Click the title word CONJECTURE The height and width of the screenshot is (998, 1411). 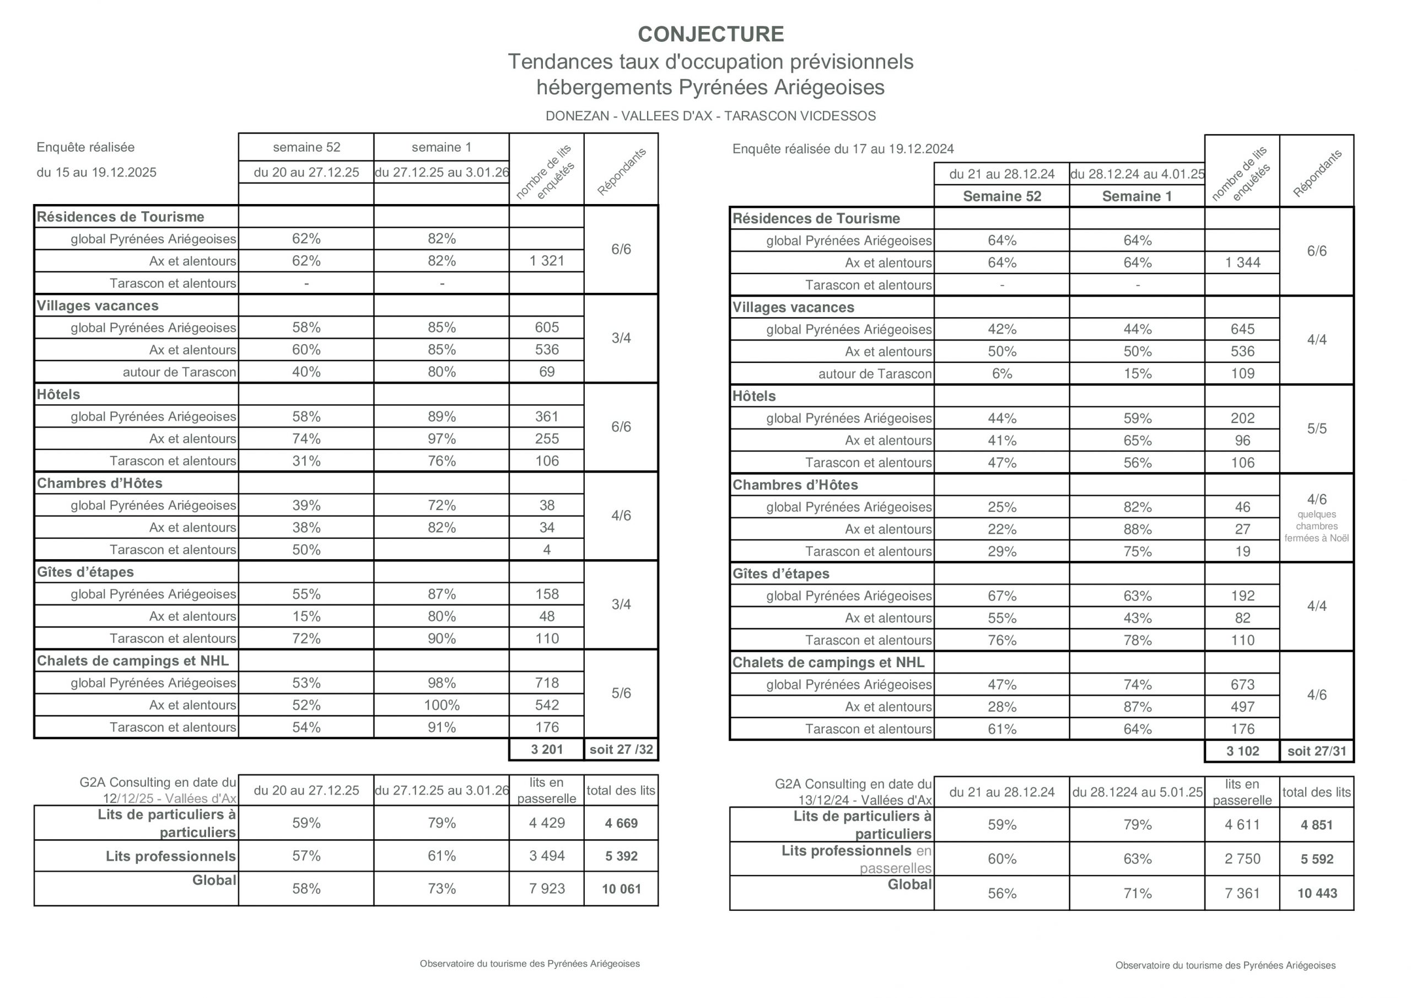[710, 34]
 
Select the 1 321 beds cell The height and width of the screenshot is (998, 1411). [546, 261]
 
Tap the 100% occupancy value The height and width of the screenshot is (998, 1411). [441, 705]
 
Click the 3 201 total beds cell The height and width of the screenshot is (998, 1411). [546, 749]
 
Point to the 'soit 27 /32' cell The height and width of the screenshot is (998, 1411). [621, 749]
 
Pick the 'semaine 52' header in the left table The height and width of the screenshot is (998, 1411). [306, 148]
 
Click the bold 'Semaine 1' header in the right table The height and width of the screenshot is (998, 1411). [1137, 196]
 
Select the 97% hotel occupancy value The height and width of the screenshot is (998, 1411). [441, 439]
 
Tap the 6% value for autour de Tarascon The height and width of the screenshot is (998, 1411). [1001, 374]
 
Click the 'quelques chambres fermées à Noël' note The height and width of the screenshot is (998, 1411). [1316, 527]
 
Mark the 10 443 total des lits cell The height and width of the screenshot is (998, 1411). [1316, 893]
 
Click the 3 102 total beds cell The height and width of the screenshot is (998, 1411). [1242, 752]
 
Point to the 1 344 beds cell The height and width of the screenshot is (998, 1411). [1242, 262]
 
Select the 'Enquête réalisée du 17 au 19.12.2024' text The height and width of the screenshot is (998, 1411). [843, 149]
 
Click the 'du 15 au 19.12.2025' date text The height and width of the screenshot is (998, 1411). [96, 172]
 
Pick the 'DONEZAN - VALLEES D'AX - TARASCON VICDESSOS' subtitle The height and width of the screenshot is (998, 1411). [710, 116]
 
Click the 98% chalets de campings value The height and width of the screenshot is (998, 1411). [441, 683]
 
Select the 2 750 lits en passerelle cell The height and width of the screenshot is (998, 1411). [1242, 859]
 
